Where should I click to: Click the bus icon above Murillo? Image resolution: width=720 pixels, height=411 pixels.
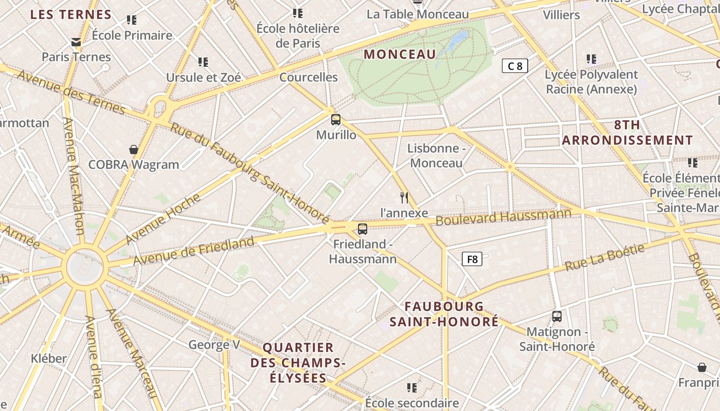336,120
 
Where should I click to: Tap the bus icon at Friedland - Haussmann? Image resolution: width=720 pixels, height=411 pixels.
363,229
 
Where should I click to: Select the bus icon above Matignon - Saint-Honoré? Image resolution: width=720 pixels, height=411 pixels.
557,316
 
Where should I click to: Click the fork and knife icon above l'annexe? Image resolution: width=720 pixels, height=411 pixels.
404,198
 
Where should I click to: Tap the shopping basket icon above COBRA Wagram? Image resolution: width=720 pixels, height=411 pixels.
134,150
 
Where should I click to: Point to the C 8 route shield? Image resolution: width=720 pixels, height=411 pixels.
515,66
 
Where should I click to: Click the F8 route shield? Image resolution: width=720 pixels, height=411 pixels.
472,259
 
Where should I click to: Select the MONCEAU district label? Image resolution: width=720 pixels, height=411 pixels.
400,54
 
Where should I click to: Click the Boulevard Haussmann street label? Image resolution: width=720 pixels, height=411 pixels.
503,217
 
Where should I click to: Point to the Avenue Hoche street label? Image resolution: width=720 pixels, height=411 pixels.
163,219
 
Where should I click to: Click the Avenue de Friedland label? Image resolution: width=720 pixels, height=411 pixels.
194,251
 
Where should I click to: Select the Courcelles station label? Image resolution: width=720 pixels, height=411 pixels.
309,78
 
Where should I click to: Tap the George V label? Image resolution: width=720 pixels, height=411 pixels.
214,344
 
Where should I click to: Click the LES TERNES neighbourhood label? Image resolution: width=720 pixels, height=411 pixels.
71,14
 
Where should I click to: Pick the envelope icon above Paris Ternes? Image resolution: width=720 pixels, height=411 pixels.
76,42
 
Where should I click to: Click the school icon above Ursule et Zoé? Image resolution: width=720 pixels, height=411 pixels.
203,62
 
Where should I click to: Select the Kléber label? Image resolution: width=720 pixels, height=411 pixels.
49,358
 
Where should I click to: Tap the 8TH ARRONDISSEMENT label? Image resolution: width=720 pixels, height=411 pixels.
627,133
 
